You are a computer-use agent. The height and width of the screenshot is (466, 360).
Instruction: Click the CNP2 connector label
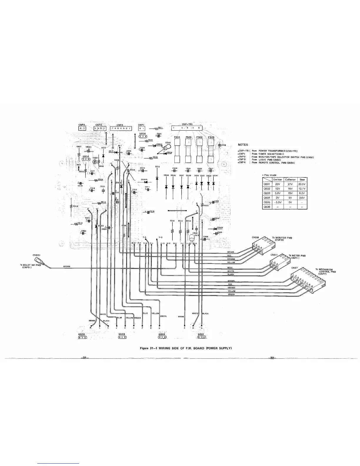click(x=81, y=125)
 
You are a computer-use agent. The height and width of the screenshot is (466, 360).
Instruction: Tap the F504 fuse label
click(x=177, y=137)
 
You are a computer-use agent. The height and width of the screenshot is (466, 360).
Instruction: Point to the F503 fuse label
click(x=211, y=137)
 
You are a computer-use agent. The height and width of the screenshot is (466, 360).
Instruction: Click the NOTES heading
click(x=243, y=145)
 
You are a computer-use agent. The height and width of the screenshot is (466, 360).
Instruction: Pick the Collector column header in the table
click(x=290, y=179)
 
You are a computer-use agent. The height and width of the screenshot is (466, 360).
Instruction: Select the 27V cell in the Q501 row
click(x=290, y=184)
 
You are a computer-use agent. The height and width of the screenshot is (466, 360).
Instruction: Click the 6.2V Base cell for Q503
click(x=302, y=193)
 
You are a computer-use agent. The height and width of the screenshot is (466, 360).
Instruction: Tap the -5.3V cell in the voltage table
click(x=278, y=202)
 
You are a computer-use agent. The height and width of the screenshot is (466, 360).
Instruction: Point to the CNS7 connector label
click(x=295, y=268)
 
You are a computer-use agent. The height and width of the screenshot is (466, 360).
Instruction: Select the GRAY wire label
click(x=230, y=268)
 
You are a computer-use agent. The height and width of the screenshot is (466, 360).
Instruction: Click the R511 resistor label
click(x=160, y=127)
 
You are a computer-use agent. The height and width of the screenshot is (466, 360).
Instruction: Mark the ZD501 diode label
click(x=220, y=227)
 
